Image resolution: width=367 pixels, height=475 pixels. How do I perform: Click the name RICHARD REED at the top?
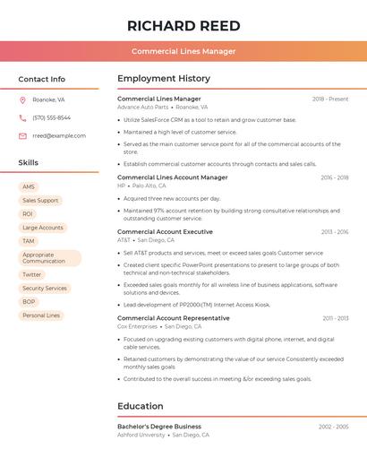click(x=183, y=25)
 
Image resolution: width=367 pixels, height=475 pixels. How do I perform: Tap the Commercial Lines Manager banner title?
click(x=183, y=51)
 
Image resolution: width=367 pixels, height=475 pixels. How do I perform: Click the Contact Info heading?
click(x=42, y=79)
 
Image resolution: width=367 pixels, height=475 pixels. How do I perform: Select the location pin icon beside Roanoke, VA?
click(x=22, y=99)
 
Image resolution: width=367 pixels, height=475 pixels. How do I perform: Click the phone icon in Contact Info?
click(x=22, y=117)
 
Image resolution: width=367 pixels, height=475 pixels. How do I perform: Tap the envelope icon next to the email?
click(x=22, y=136)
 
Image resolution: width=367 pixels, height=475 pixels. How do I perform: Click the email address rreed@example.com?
click(x=59, y=136)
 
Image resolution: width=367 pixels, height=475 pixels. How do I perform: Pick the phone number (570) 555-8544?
click(x=51, y=117)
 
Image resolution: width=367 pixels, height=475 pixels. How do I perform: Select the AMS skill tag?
click(x=29, y=186)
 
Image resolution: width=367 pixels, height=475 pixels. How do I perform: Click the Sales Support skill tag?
click(x=40, y=200)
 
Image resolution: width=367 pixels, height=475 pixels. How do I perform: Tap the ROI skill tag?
click(x=28, y=214)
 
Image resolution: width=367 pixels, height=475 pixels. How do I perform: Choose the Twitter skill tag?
click(x=32, y=274)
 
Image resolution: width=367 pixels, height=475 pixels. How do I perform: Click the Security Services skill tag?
click(x=45, y=289)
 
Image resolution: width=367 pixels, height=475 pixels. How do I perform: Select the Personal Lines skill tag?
click(x=41, y=315)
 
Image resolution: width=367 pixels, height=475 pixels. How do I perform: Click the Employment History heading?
click(x=164, y=79)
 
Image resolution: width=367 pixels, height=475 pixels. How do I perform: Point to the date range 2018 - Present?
click(x=330, y=99)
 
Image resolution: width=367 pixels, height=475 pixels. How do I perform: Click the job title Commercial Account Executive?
click(x=165, y=231)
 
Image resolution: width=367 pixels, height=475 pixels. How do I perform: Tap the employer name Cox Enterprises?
click(x=137, y=326)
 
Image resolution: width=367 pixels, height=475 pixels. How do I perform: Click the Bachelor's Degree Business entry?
click(x=159, y=427)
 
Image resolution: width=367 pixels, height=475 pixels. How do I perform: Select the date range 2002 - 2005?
click(x=333, y=427)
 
